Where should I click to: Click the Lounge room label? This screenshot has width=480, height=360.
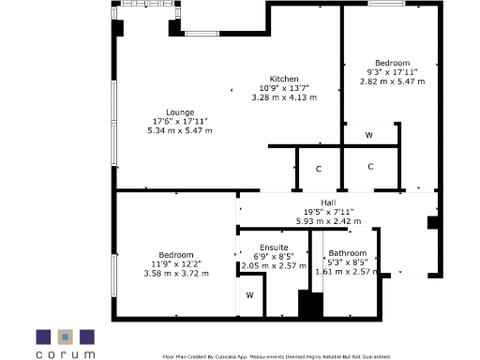[x=180, y=112]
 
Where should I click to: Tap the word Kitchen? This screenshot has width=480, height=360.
[x=284, y=79]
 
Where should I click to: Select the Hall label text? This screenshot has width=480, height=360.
[x=328, y=203]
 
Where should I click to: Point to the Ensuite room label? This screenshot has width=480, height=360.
[x=274, y=247]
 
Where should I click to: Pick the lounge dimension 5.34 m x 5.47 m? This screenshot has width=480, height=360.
[x=180, y=130]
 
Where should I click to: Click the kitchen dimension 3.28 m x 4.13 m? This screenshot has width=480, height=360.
[x=284, y=97]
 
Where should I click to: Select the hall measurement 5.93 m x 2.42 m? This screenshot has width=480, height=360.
[x=328, y=221]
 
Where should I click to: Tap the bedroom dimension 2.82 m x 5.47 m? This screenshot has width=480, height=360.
[x=392, y=82]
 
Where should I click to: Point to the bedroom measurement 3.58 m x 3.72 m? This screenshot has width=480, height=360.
[x=176, y=273]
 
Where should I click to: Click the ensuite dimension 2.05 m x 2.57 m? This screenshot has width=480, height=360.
[x=274, y=265]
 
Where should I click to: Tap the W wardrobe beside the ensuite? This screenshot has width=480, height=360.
[x=249, y=295]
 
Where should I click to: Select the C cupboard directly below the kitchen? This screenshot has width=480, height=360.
[x=319, y=169]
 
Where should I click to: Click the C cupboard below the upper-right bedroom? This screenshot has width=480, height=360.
[x=370, y=167]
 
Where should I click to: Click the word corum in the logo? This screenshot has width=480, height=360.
[x=66, y=354]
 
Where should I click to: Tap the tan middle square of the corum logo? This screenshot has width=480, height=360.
[x=66, y=337]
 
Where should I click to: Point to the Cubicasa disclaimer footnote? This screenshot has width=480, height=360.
[x=277, y=356]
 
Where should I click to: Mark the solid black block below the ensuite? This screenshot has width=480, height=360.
[x=309, y=305]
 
